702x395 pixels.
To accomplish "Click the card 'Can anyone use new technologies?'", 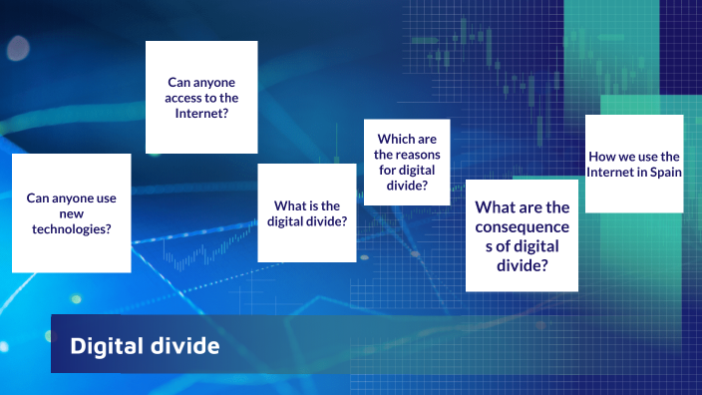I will click(71, 212).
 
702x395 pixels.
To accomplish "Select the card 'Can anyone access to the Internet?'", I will click(201, 97).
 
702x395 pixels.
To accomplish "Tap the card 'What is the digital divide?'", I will click(307, 213).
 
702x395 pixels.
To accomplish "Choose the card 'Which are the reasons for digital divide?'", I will click(407, 162).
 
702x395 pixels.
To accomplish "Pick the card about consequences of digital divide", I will click(522, 235).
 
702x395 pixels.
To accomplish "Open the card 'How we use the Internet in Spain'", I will click(634, 164).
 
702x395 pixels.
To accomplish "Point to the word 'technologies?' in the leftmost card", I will click(71, 228).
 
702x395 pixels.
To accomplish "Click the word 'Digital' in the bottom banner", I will click(101, 347).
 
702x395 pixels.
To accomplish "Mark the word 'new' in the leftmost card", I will click(71, 212).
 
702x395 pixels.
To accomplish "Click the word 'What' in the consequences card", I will click(495, 207).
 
